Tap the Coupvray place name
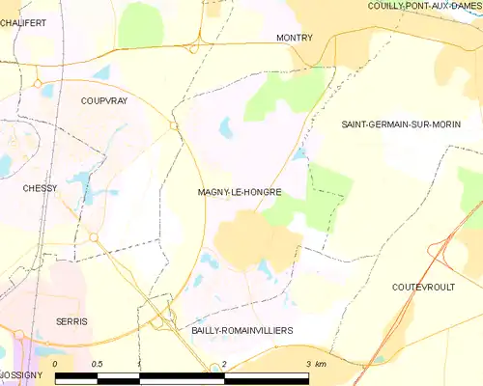(104, 99)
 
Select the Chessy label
(41, 188)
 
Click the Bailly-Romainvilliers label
(241, 330)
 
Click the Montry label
(294, 38)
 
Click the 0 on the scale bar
(56, 363)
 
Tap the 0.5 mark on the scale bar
(97, 363)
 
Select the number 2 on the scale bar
(224, 363)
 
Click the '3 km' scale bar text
(315, 363)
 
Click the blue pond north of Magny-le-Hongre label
(226, 126)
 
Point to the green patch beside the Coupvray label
(141, 21)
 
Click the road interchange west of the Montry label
(196, 43)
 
